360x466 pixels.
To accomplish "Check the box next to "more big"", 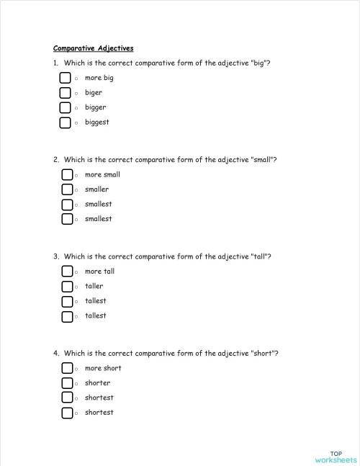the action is pos(66,78).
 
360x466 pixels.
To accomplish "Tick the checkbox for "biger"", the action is pos(66,93).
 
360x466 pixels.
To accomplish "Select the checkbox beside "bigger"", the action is pos(66,107).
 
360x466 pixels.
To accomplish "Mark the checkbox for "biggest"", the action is pos(66,122).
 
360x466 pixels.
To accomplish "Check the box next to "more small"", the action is pos(67,174).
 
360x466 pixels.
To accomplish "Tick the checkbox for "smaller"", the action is pos(67,189).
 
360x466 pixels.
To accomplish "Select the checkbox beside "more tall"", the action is pos(67,272).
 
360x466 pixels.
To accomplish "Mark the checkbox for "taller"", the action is pos(67,286).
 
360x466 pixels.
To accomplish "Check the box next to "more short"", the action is pos(67,368).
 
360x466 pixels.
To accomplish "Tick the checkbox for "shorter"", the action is pos(67,383).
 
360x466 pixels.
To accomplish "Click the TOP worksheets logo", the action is pos(335,457).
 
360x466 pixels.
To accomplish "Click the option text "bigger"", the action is pos(95,107).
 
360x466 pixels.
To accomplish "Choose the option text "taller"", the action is pos(94,286).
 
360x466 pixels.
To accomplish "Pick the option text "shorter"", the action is pos(97,383).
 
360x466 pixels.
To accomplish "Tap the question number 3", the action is pos(55,256).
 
